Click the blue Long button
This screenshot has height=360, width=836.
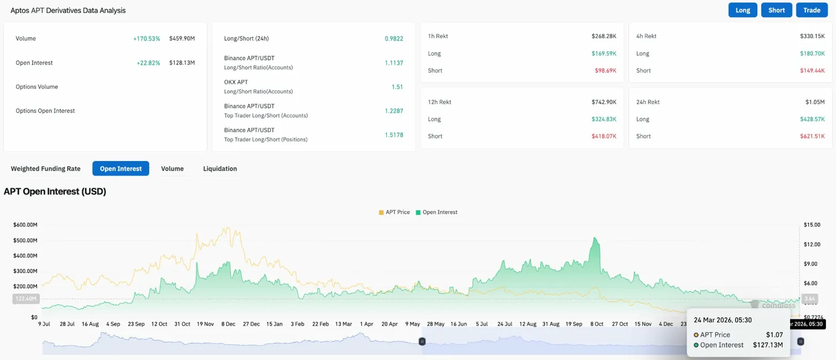[743, 10]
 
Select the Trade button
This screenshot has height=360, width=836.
[811, 10]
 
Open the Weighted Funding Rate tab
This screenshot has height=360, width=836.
[46, 169]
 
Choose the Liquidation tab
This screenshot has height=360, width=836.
[220, 169]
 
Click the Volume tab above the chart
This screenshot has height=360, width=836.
[172, 169]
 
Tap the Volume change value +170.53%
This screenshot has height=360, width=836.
[147, 38]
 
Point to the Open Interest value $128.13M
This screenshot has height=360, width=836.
[182, 62]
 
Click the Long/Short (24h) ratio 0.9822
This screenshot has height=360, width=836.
[393, 38]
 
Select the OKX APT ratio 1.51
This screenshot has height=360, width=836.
[397, 86]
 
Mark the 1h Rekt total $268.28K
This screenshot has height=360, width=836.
[604, 36]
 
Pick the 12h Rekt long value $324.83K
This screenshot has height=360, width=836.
[604, 119]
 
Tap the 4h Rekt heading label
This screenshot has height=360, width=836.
[646, 36]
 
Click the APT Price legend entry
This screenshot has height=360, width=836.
[394, 212]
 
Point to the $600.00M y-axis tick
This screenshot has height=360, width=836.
[25, 225]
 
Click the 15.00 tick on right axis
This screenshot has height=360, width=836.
[812, 225]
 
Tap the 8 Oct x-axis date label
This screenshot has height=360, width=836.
[597, 324]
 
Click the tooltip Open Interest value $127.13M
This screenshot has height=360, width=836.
[768, 345]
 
